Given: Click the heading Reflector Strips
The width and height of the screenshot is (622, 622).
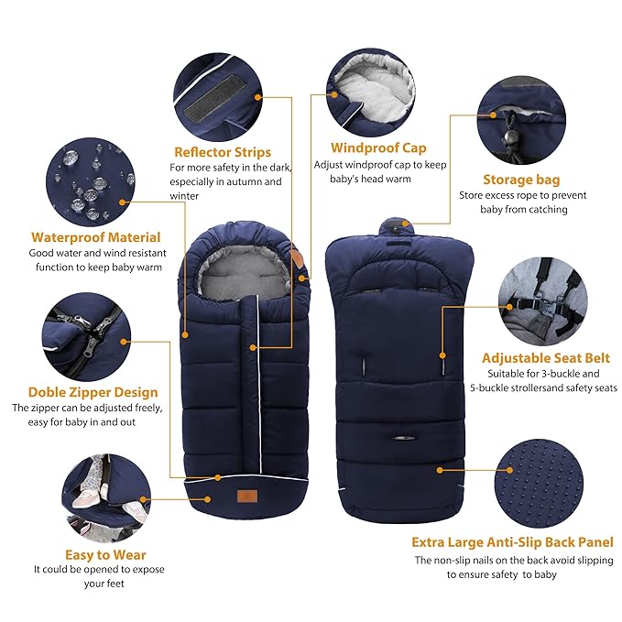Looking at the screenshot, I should coord(223,151).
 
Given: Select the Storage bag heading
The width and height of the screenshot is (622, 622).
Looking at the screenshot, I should coord(521,180).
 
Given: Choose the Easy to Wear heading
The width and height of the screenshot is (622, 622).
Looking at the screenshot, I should coord(105,554).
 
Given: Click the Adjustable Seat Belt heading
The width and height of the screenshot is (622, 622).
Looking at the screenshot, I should coord(545,358).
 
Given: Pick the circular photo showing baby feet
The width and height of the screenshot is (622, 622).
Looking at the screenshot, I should coord(98,496).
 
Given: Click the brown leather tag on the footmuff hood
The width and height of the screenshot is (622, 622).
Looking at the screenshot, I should coord(299,263).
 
